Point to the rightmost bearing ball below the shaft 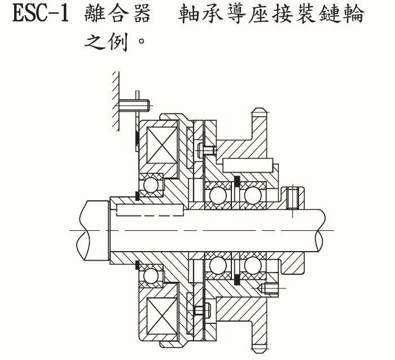click(251, 265)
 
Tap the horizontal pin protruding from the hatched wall click(134, 105)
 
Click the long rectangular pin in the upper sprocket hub click(248, 165)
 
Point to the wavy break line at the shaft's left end click(79, 230)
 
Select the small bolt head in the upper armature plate click(208, 150)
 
